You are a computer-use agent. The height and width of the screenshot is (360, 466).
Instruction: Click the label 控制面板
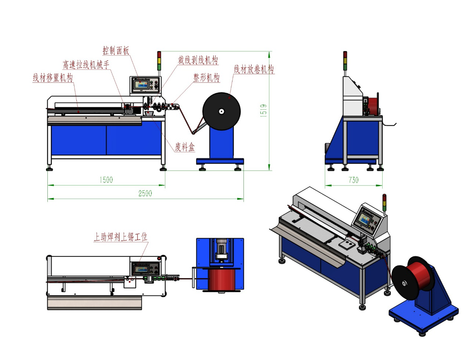[x=116, y=51]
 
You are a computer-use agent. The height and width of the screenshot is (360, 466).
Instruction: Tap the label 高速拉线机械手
[x=86, y=65]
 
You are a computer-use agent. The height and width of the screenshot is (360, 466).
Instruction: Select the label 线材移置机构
[x=53, y=77]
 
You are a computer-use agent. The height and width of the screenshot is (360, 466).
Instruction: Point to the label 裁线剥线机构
[x=198, y=60]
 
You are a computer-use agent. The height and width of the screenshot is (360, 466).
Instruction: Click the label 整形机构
[x=206, y=77]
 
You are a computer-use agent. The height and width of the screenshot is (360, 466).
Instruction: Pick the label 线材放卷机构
[x=254, y=69]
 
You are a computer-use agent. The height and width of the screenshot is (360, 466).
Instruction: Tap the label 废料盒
[x=185, y=147]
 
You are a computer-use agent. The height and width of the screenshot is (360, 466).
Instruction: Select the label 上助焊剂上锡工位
[x=121, y=237]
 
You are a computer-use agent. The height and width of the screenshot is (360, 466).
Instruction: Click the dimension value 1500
[x=106, y=180]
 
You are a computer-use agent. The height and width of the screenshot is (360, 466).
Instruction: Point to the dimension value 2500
[x=145, y=193]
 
